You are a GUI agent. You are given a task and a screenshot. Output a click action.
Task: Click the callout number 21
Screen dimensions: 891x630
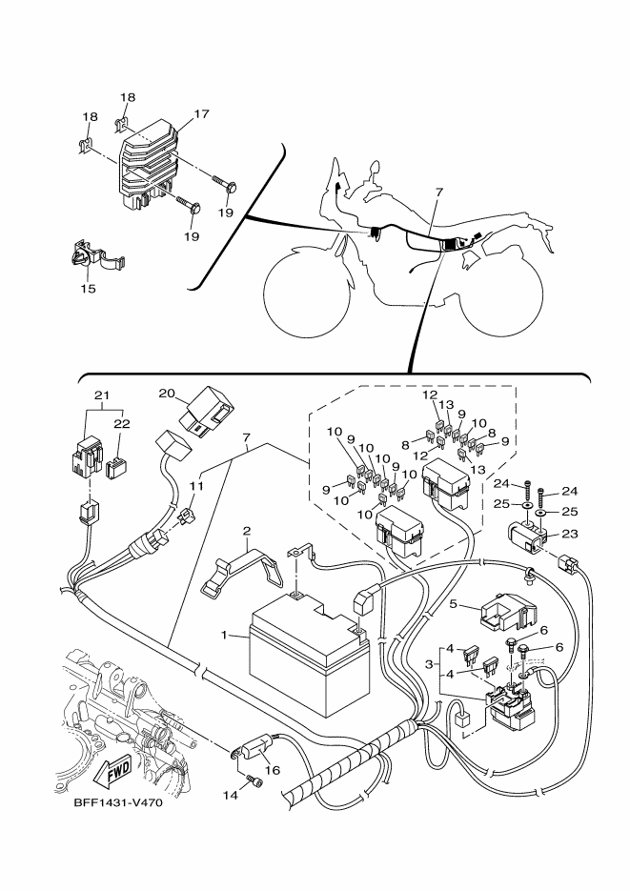(102, 395)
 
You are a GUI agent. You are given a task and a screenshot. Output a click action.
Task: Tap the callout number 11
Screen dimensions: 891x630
(197, 486)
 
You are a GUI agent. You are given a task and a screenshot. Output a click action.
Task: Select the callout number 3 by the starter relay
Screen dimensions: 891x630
(431, 663)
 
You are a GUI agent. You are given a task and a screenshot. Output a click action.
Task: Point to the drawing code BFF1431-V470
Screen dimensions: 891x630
(118, 803)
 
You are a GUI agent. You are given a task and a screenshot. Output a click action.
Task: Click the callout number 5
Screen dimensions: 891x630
(456, 603)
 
